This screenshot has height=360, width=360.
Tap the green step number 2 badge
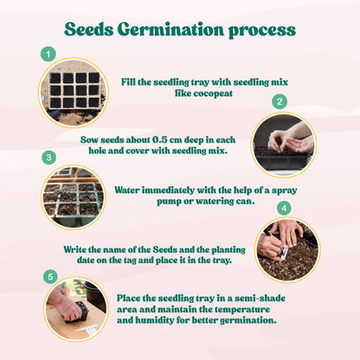pyautogui.click(x=279, y=101)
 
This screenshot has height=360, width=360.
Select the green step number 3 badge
pyautogui.click(x=48, y=157)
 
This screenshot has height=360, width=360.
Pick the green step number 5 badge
pyautogui.click(x=48, y=277)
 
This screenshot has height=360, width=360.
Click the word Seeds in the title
pyautogui.click(x=90, y=29)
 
